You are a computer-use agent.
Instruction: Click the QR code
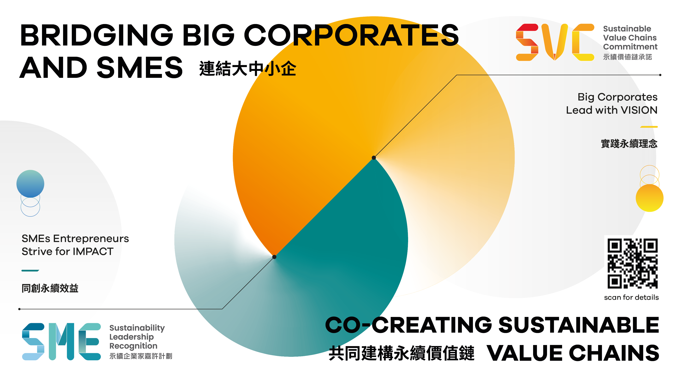633,263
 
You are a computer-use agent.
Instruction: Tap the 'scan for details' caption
631,297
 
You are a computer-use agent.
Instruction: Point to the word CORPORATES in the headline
351,35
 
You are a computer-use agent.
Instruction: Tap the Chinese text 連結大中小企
248,69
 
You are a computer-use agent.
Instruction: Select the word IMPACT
93,252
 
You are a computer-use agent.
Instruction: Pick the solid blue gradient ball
30,184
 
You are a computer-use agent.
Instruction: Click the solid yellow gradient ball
649,198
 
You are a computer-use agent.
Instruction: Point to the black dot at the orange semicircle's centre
374,158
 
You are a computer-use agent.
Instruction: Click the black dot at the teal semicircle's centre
274,257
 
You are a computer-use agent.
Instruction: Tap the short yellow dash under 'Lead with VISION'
649,127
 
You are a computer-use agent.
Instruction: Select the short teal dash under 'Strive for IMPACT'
30,270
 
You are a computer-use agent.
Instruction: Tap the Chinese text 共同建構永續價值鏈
402,353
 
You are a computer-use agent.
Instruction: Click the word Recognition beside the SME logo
133,346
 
